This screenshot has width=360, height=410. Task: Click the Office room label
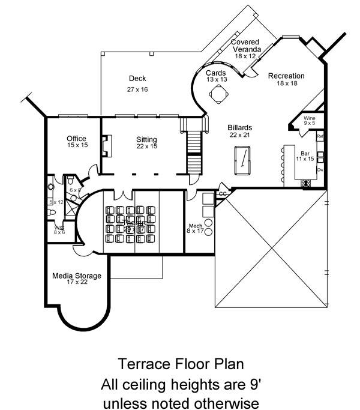(77, 139)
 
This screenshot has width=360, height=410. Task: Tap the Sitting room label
(146, 139)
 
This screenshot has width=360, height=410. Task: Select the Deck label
(137, 79)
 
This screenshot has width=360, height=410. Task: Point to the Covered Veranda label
(245, 45)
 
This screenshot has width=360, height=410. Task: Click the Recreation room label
(286, 76)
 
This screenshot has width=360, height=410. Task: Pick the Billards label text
(239, 128)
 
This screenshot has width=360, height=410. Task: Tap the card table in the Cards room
(218, 94)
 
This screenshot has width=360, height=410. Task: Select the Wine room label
(310, 118)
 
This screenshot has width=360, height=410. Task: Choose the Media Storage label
(76, 276)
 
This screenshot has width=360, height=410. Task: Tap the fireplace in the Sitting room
(106, 146)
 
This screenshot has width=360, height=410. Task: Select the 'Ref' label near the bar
(320, 137)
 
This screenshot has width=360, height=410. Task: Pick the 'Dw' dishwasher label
(320, 170)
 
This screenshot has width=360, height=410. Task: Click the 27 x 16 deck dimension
(137, 89)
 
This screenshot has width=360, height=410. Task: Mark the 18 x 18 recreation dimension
(286, 85)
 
